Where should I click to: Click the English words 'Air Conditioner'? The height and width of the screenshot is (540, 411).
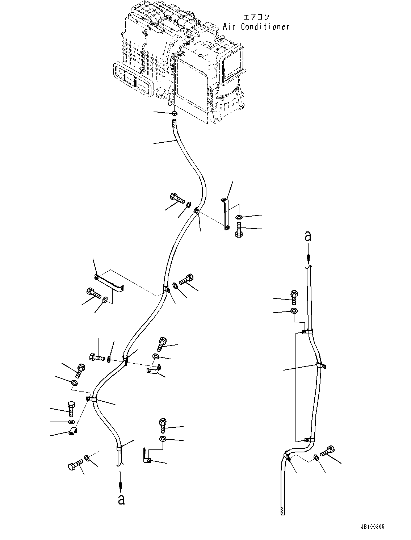tap(256, 26)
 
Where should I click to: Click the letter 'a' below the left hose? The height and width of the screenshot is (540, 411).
tap(121, 499)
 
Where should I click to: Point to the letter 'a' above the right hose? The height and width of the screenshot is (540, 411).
tap(308, 236)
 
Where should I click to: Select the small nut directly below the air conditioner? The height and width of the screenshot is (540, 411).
tap(174, 114)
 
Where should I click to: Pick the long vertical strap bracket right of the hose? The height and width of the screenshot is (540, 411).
tap(225, 214)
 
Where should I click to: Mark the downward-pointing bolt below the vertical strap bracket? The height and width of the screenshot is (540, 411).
tap(239, 230)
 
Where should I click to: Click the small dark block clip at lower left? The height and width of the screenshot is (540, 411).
tap(73, 431)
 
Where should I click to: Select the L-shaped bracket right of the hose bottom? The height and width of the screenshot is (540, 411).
tap(146, 456)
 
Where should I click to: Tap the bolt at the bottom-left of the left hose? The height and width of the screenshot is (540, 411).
tap(74, 465)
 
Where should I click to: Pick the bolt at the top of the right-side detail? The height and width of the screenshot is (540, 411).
tap(294, 297)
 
